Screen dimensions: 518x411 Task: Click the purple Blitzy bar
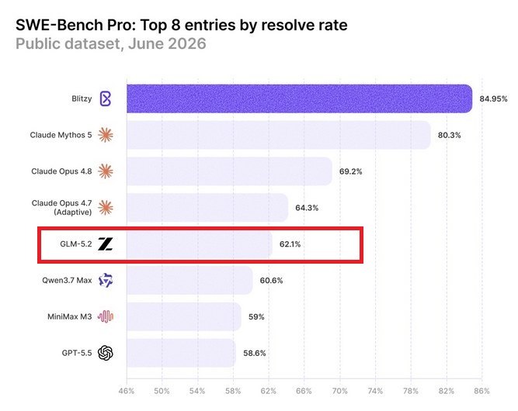coord(299,98)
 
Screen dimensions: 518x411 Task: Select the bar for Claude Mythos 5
coord(279,135)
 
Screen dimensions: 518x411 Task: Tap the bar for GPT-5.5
coord(182,353)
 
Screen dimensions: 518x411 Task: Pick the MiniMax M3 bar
coord(184,316)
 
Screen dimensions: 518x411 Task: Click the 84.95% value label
coord(493,99)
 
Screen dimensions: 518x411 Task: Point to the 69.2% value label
coord(350,171)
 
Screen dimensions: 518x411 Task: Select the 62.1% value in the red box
coord(290,244)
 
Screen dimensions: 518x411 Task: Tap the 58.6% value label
coord(255,353)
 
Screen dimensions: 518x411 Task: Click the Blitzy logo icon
coord(106,98)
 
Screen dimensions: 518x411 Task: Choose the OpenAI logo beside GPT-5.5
coord(106,353)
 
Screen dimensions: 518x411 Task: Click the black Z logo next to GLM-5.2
coord(106,244)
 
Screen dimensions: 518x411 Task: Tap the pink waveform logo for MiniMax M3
coord(106,316)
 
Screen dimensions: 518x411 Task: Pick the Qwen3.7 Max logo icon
coord(106,281)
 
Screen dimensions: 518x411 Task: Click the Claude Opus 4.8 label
coord(61,171)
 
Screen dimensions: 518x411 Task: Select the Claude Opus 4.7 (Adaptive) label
coord(62,208)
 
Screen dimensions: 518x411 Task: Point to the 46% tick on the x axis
coord(127,391)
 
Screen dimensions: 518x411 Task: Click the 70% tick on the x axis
coord(339,391)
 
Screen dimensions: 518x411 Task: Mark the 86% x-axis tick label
coord(481,391)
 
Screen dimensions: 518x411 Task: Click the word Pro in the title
coord(120,25)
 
